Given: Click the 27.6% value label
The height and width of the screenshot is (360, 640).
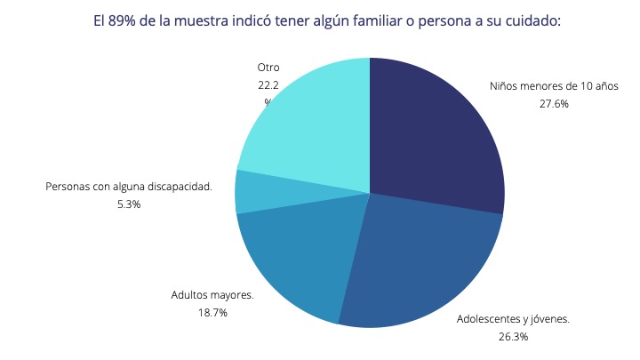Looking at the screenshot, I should coord(553,103).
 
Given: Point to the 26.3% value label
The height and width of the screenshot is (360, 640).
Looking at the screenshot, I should coord(513,336).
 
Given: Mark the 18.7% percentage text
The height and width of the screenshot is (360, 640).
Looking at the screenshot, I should coord(212,312).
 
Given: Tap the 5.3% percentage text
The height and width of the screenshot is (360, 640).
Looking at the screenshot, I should coord(128,204).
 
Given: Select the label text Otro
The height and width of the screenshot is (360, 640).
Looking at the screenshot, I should coord(268,67).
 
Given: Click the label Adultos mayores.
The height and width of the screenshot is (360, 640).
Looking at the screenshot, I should coord(212,295).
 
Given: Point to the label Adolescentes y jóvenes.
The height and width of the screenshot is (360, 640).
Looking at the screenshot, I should coord(513,318).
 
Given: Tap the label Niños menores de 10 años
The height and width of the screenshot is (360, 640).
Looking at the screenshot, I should coord(553,86).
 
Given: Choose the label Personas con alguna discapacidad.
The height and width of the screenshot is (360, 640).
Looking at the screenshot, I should coord(128,188).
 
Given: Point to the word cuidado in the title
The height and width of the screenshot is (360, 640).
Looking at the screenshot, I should coord(532,20).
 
